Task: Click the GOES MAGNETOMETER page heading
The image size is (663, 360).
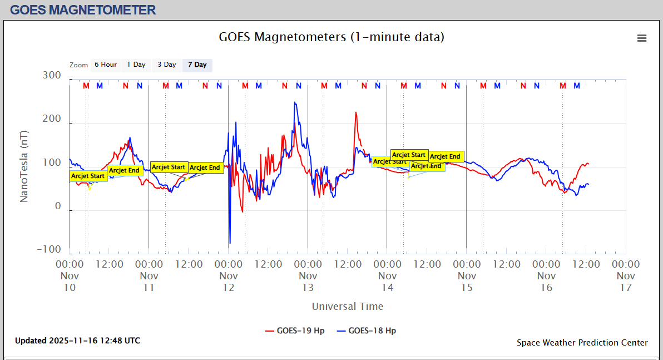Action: [83, 9]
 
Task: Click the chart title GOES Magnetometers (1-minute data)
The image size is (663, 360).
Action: [331, 37]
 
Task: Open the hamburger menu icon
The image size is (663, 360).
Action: [642, 38]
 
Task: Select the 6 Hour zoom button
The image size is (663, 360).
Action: [105, 65]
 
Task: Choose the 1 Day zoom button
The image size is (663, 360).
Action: [136, 65]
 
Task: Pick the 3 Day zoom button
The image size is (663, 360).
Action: [166, 65]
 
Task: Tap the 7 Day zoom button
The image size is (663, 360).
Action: [197, 65]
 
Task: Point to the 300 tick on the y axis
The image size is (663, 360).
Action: [52, 76]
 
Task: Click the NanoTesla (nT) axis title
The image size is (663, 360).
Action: [24, 167]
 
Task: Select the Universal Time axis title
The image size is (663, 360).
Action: [347, 307]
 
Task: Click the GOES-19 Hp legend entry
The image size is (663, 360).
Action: [295, 331]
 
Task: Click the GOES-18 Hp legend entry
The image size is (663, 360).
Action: [367, 331]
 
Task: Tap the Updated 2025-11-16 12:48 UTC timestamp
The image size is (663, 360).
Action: [77, 341]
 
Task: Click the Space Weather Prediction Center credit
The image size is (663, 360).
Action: [582, 343]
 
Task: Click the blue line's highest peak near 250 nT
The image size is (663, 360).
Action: [295, 102]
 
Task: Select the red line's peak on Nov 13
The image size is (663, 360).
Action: [355, 112]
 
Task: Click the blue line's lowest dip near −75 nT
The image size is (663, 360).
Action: [230, 243]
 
